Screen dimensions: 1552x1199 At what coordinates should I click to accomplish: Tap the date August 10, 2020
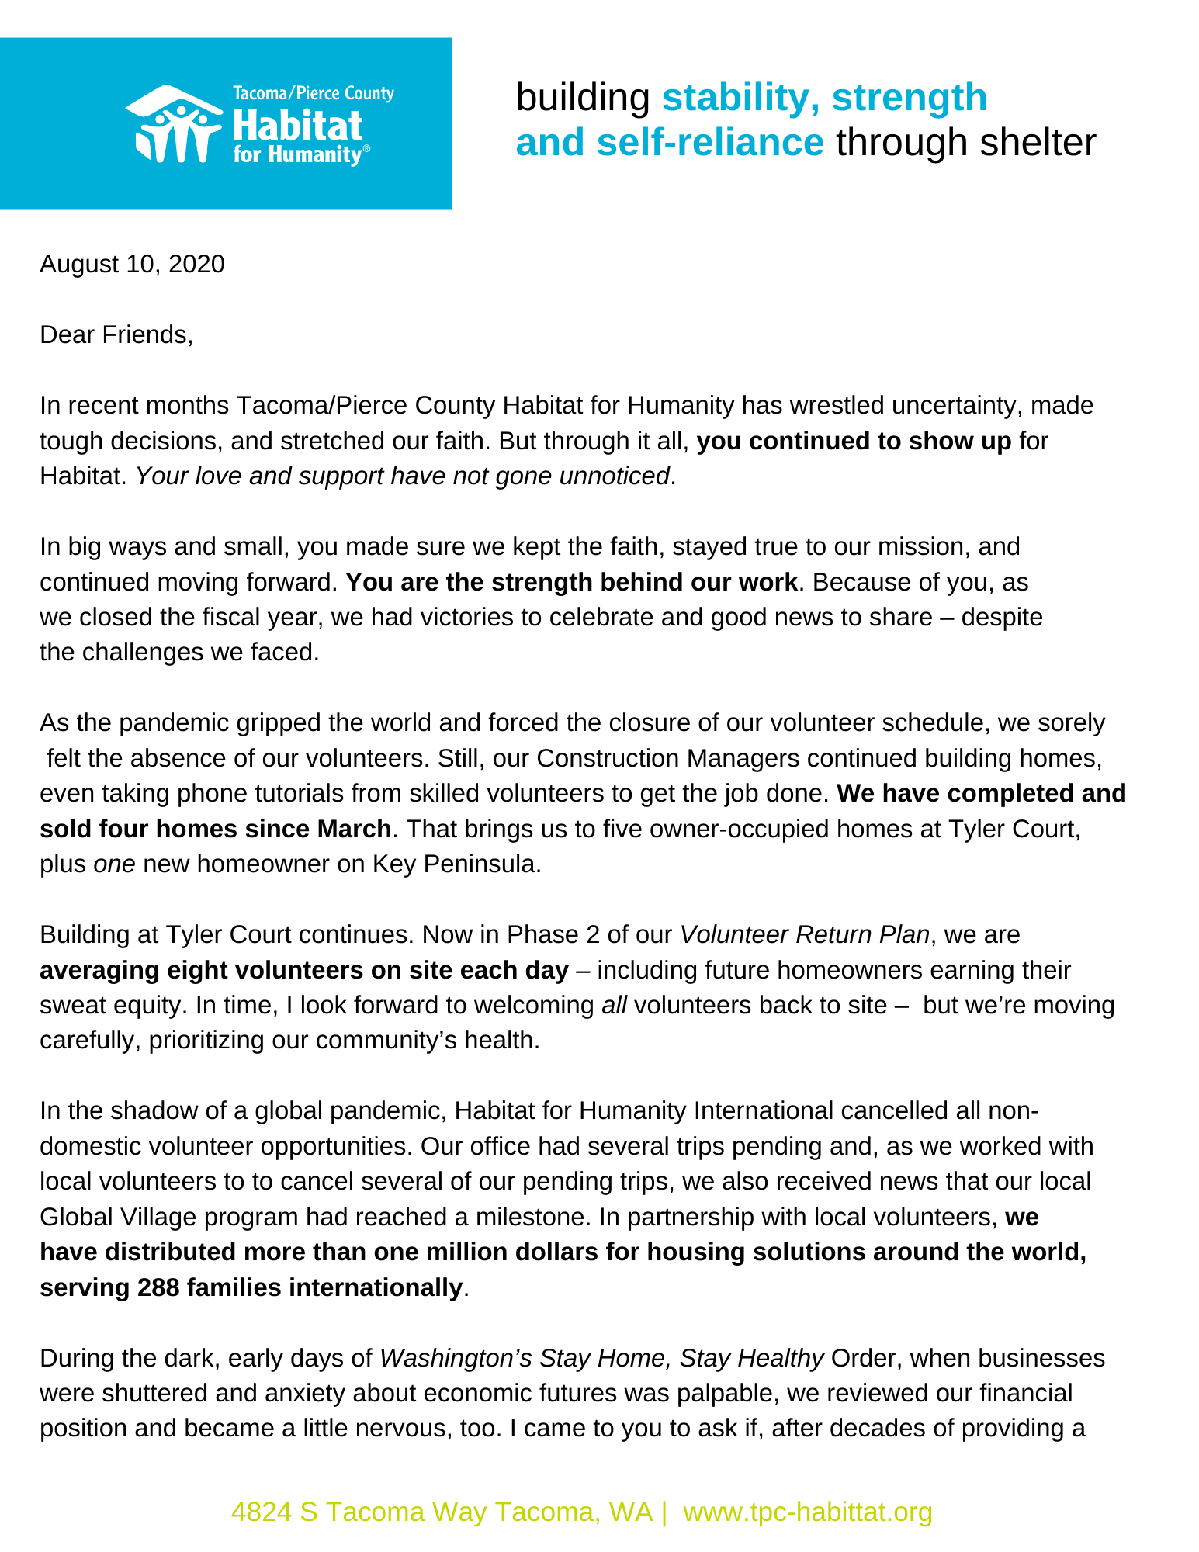[x=132, y=265]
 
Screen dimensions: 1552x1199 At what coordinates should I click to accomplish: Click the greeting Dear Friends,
[x=116, y=335]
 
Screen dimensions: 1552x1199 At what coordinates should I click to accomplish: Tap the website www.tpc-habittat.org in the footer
[x=807, y=1512]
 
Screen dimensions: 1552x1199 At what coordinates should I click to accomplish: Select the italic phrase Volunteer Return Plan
[x=804, y=934]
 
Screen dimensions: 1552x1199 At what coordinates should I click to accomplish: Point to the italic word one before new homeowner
[x=114, y=864]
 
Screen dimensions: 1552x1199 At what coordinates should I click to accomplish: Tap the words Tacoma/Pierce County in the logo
[x=314, y=94]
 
